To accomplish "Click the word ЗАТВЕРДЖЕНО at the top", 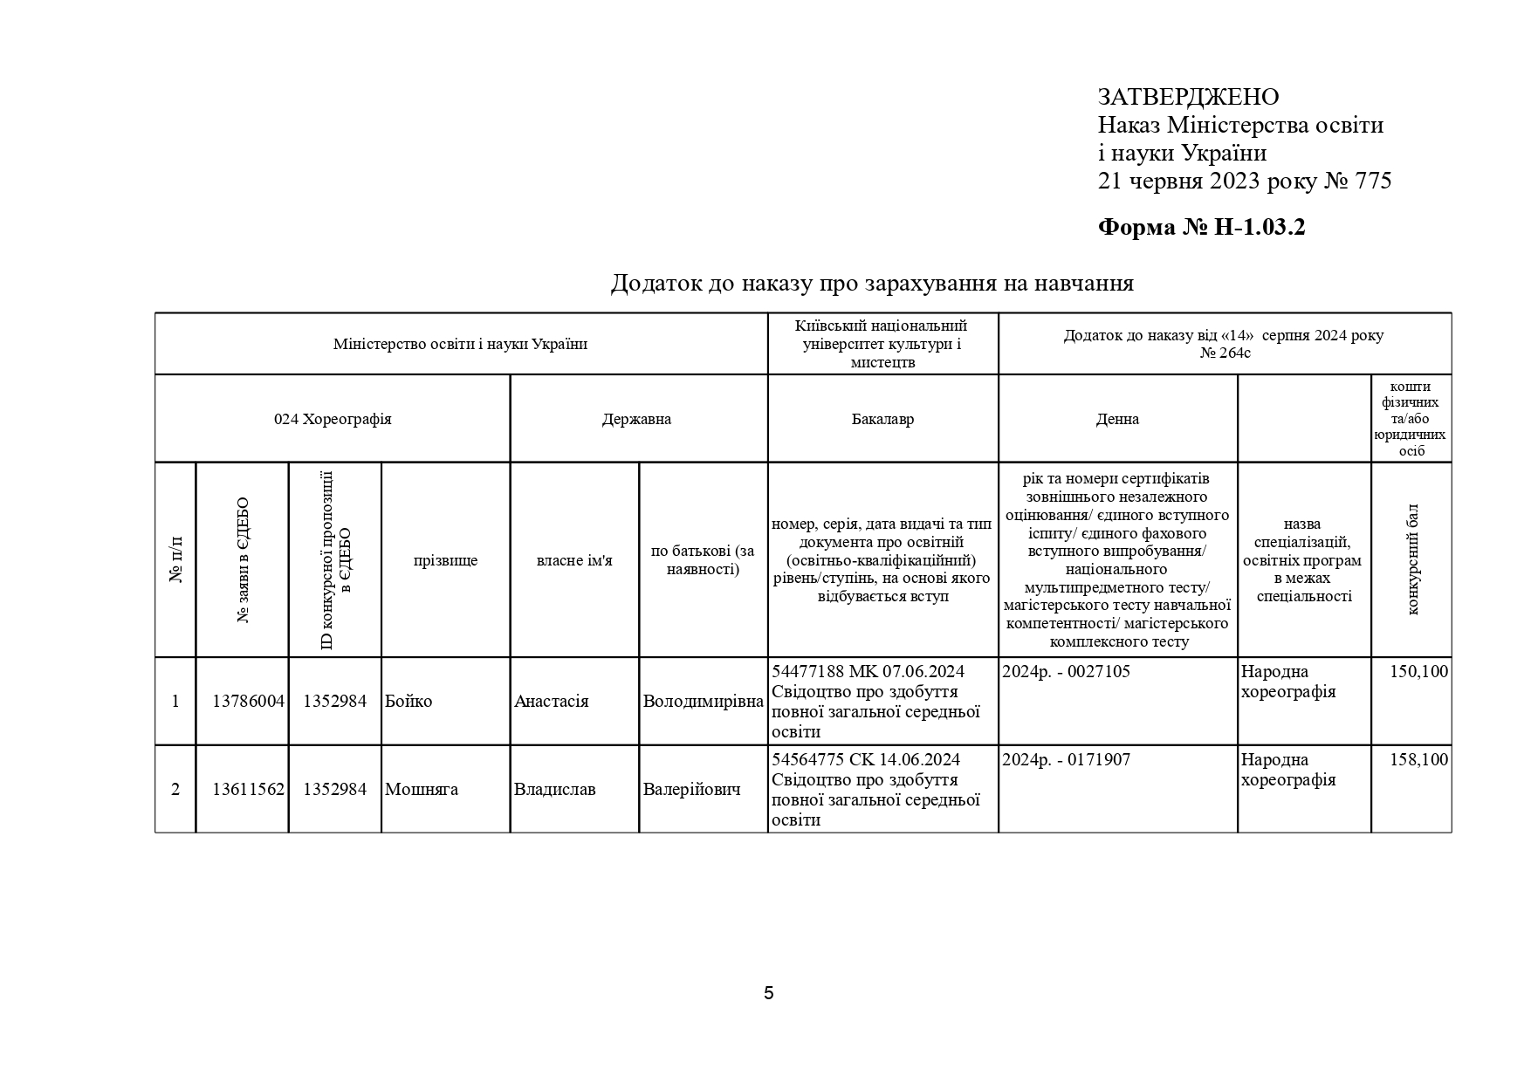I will pyautogui.click(x=1188, y=97).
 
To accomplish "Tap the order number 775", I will pyautogui.click(x=1373, y=182).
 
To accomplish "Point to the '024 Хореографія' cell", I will pyautogui.click(x=333, y=419).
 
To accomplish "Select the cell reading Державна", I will pyautogui.click(x=636, y=419).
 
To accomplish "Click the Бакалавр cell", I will pyautogui.click(x=882, y=419).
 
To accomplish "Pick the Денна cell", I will pyautogui.click(x=1117, y=419).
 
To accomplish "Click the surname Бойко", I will pyautogui.click(x=408, y=702).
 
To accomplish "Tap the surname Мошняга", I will pyautogui.click(x=422, y=790).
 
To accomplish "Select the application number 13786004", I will pyautogui.click(x=249, y=702).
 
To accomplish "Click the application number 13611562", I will pyautogui.click(x=249, y=790).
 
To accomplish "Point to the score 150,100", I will pyautogui.click(x=1418, y=672).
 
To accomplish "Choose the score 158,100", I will pyautogui.click(x=1418, y=760).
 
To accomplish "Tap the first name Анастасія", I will pyautogui.click(x=551, y=702).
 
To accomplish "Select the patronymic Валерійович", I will pyautogui.click(x=691, y=790).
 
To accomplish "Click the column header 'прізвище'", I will pyautogui.click(x=445, y=560).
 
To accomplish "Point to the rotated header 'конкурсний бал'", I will pyautogui.click(x=1412, y=559).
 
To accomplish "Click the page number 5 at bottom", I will pyautogui.click(x=768, y=993).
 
